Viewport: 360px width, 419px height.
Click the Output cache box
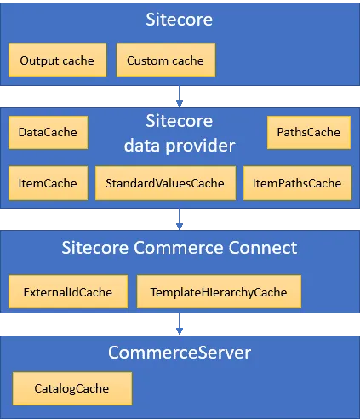coord(57,60)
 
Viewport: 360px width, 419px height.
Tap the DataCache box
coord(48,132)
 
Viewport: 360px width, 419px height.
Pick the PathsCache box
coord(307,132)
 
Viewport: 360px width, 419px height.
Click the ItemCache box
coord(48,182)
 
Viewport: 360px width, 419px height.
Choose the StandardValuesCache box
coord(165,182)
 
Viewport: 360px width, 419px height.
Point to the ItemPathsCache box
coord(296,182)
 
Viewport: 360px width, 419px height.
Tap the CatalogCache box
coord(71,388)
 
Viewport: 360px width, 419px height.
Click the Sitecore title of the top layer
coord(180,20)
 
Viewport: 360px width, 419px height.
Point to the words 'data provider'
coord(180,146)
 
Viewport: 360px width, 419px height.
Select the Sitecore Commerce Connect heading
coord(180,248)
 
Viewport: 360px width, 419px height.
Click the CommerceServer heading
coord(180,352)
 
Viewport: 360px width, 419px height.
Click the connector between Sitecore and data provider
coord(180,94)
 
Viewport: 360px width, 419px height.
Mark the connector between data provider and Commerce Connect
coord(180,220)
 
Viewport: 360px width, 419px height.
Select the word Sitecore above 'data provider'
coord(180,121)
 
